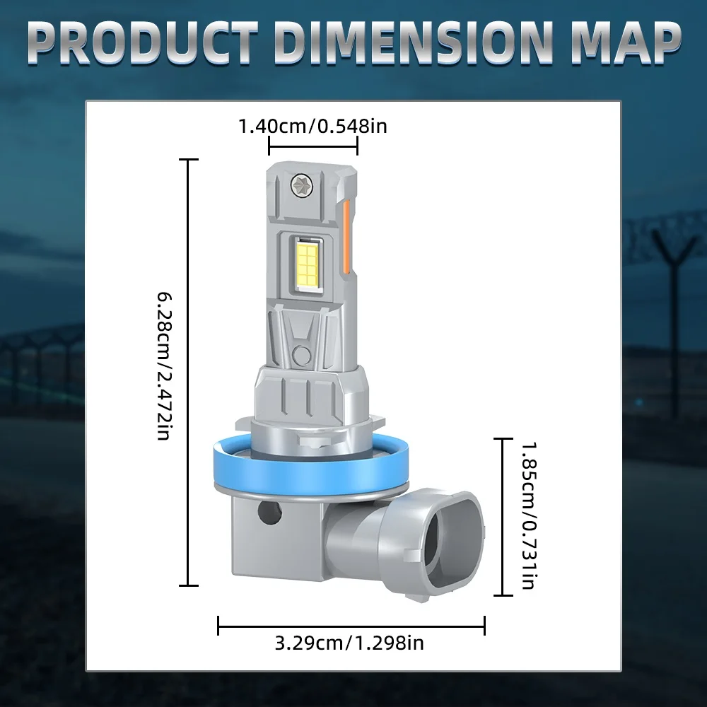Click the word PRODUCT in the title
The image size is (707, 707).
pos(144,42)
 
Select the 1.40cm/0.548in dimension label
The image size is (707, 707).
pos(312,127)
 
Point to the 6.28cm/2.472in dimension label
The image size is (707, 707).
pos(165,366)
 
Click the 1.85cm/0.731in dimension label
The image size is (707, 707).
pos(529,515)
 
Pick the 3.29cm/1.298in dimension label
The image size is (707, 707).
pos(349,643)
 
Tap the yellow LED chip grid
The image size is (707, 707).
pos(307,262)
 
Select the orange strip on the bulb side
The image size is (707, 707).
pos(346,236)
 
